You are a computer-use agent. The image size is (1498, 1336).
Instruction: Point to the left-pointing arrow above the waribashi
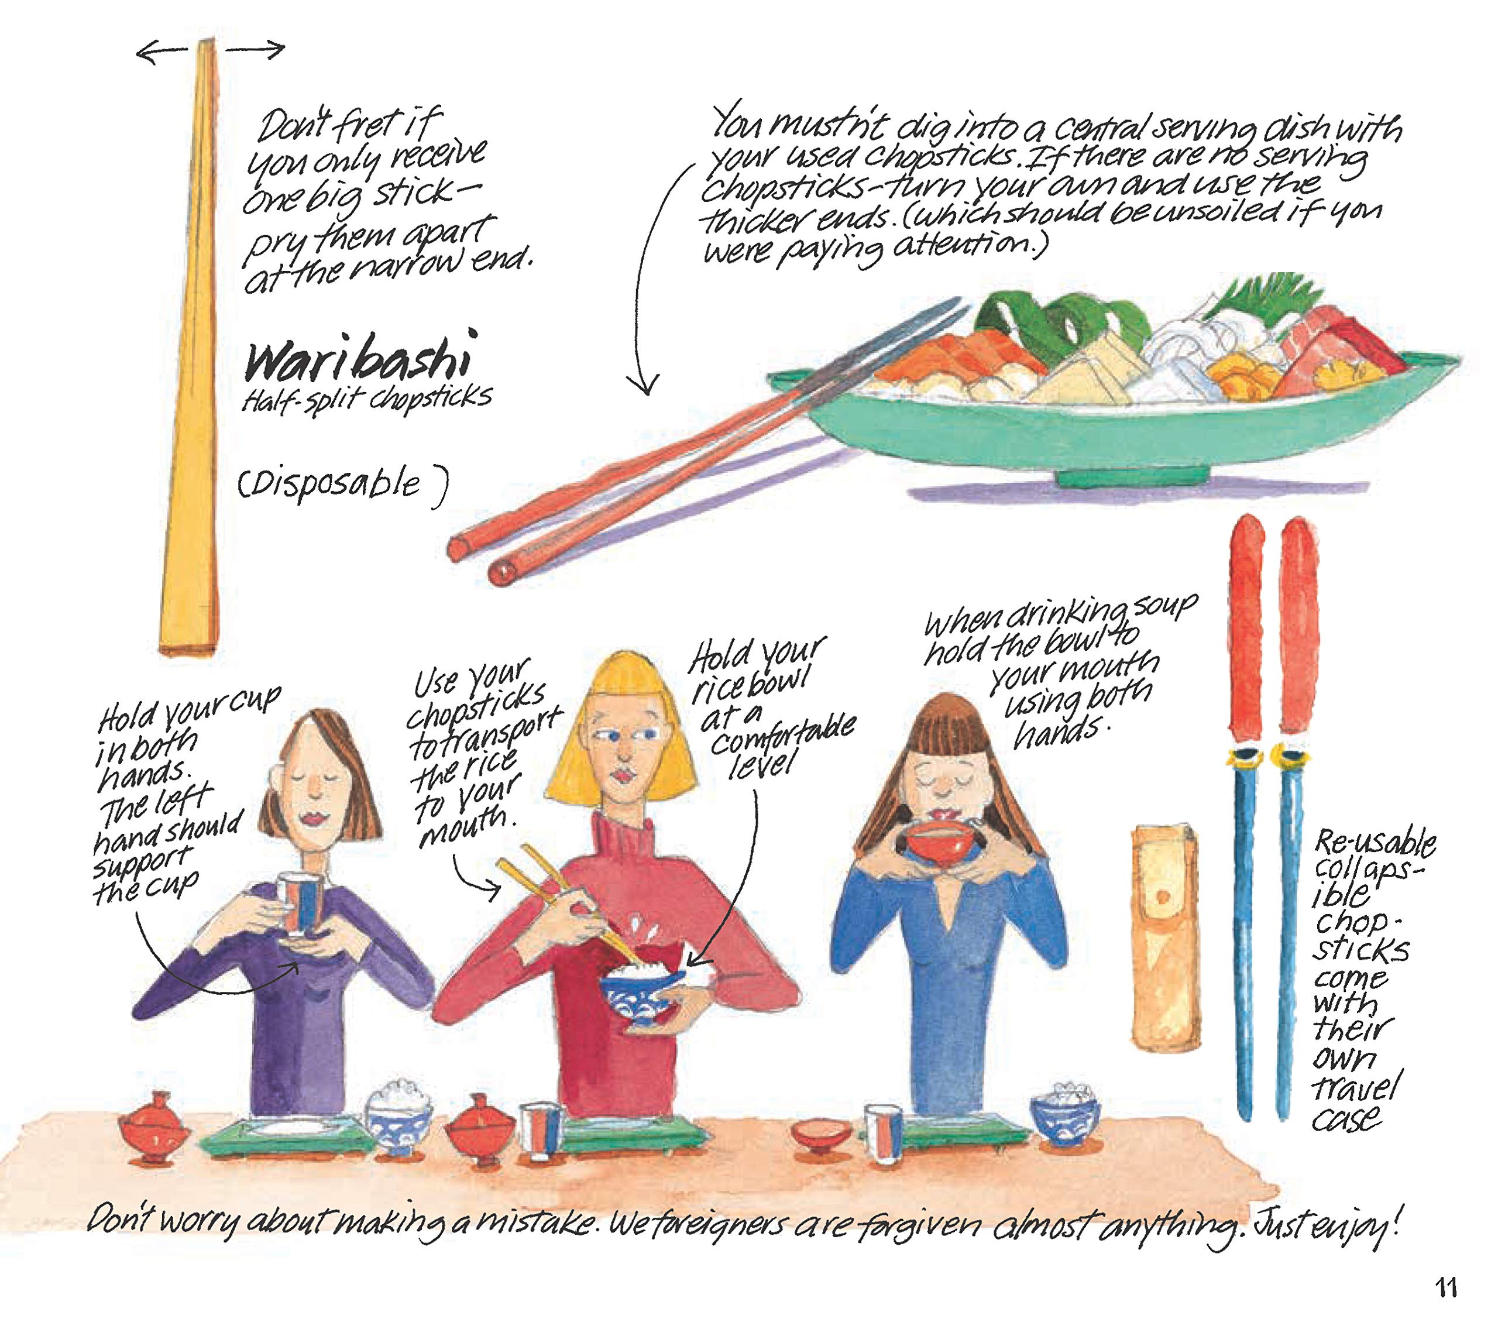pos(162,51)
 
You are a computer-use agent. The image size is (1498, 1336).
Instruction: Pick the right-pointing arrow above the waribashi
pos(255,49)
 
